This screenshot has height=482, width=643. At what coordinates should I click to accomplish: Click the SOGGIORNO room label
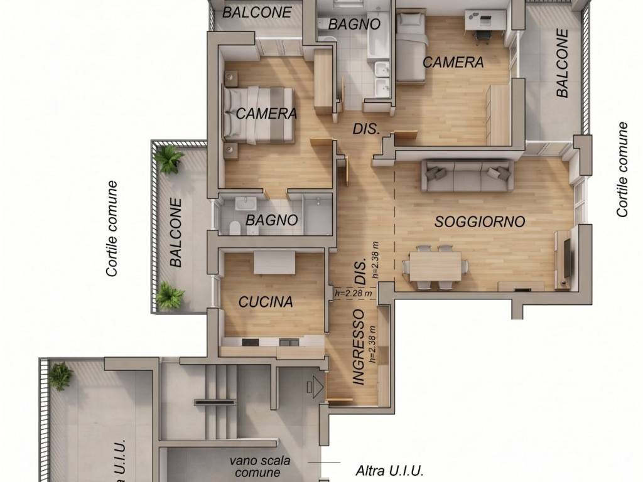[480, 222]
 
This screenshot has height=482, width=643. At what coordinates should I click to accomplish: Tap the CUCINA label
[266, 302]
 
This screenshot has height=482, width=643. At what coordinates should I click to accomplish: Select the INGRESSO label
[359, 347]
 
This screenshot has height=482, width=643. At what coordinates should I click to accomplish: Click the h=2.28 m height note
[354, 293]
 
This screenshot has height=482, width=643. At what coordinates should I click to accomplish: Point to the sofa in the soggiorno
[467, 176]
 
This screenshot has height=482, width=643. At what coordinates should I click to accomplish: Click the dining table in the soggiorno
[436, 265]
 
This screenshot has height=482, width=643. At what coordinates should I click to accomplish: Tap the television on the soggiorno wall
[567, 258]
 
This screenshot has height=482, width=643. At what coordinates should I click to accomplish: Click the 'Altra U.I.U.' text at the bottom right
[389, 470]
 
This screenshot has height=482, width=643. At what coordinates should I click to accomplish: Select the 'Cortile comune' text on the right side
[622, 169]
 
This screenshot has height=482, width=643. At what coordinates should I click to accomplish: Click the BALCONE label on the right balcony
[562, 63]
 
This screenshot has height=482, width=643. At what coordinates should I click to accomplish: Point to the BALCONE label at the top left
[257, 13]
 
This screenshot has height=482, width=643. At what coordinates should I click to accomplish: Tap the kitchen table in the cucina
[274, 262]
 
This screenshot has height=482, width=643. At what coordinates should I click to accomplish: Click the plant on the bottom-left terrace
[61, 375]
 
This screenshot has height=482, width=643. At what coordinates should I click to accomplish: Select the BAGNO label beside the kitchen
[271, 220]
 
